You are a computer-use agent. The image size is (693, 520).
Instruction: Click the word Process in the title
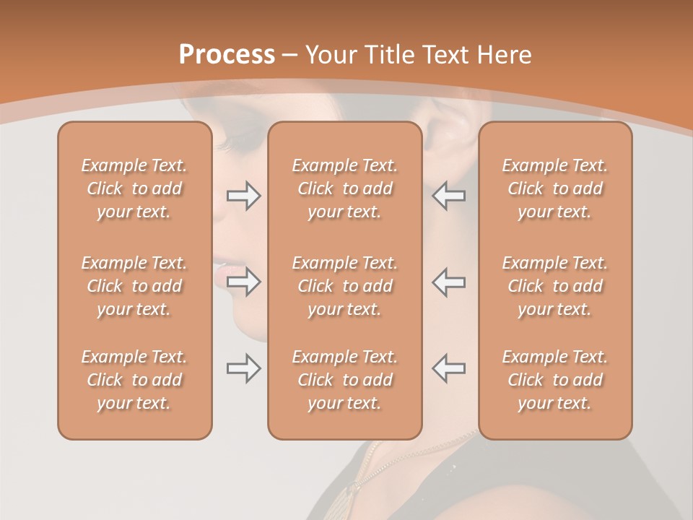pos(227,55)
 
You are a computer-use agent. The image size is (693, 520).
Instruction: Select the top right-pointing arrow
pos(243,196)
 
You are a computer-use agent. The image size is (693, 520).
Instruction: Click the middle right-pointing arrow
pos(243,282)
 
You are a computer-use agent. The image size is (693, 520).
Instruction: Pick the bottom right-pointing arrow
pos(243,368)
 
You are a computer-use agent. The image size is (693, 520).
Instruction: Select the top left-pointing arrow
pos(449,196)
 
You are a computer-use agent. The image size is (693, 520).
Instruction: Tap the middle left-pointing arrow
pos(449,282)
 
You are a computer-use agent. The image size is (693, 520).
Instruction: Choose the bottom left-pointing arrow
pos(449,368)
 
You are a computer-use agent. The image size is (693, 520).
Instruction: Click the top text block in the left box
pos(134,188)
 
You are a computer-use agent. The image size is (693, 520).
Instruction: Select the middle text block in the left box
pos(134,286)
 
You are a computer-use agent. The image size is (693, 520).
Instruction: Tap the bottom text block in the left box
pos(134,380)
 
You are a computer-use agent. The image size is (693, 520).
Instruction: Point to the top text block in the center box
pos(345,188)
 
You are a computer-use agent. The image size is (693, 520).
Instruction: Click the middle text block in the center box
pos(345,286)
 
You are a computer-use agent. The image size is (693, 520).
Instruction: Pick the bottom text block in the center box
pos(345,380)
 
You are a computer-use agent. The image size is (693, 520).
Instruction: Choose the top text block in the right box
pos(555,188)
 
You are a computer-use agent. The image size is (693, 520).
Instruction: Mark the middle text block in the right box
pos(555,286)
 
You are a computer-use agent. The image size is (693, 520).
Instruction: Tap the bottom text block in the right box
pos(555,380)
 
